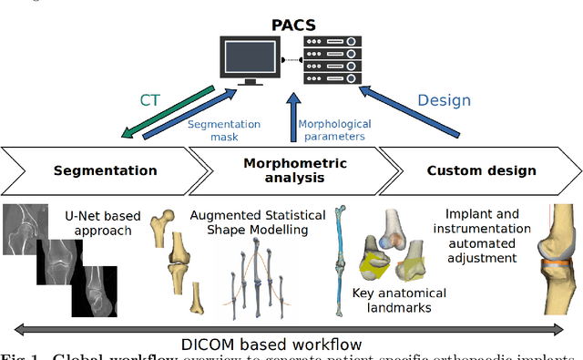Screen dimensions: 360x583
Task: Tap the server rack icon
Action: (x=331, y=59)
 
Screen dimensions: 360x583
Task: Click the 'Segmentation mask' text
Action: (x=224, y=129)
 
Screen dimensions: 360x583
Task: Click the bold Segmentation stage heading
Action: (x=105, y=170)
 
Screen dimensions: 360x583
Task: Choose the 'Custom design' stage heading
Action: (x=482, y=170)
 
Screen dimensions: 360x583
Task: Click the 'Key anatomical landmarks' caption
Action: (x=398, y=301)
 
